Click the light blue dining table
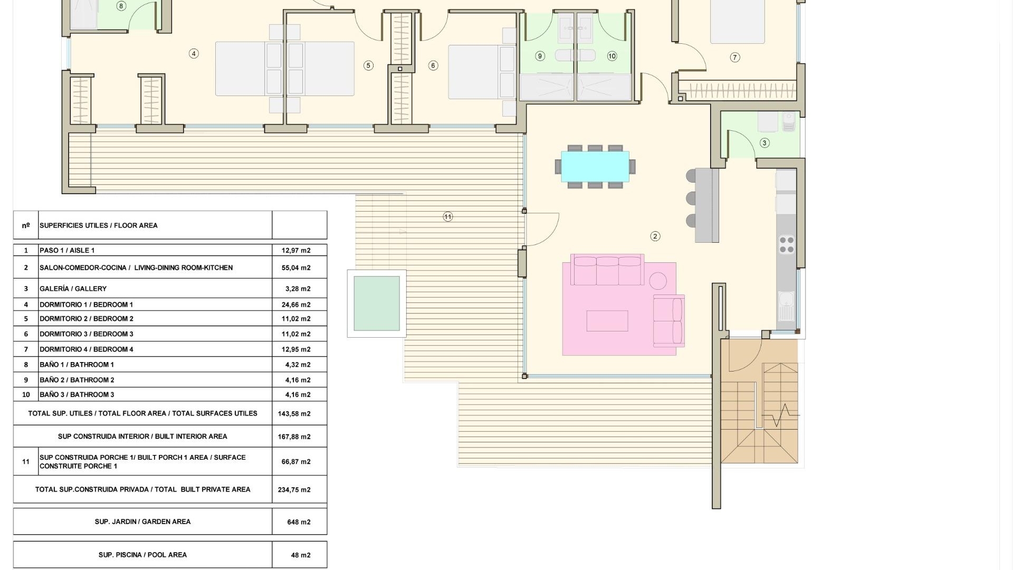[595, 166]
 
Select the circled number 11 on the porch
[448, 216]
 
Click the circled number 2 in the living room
[655, 236]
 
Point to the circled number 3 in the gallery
[764, 143]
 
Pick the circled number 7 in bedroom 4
[735, 58]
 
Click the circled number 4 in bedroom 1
[194, 53]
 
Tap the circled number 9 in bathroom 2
[540, 56]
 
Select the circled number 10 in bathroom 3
[612, 56]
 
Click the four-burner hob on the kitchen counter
[787, 245]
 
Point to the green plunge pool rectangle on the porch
[377, 303]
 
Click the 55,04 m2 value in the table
[296, 268]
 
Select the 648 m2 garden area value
[299, 522]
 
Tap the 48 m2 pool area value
[301, 555]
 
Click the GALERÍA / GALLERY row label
[73, 289]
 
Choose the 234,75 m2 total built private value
[294, 490]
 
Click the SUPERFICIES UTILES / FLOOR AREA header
[99, 225]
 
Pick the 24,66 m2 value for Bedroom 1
[296, 305]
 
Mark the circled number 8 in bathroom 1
[121, 6]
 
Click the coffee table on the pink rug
[607, 321]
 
